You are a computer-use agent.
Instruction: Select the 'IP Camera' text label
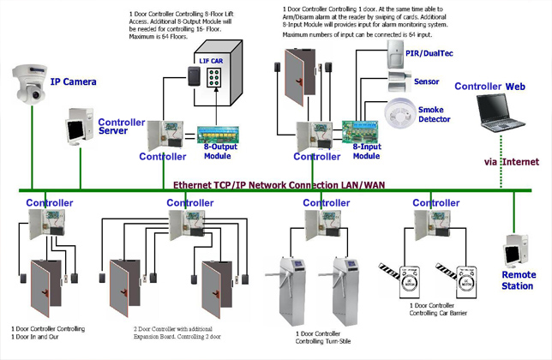click(x=73, y=82)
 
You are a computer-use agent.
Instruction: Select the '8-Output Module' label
click(x=220, y=152)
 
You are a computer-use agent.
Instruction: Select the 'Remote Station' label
click(x=519, y=280)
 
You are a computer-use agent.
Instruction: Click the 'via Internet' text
click(x=512, y=162)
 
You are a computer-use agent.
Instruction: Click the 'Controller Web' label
click(x=489, y=87)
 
